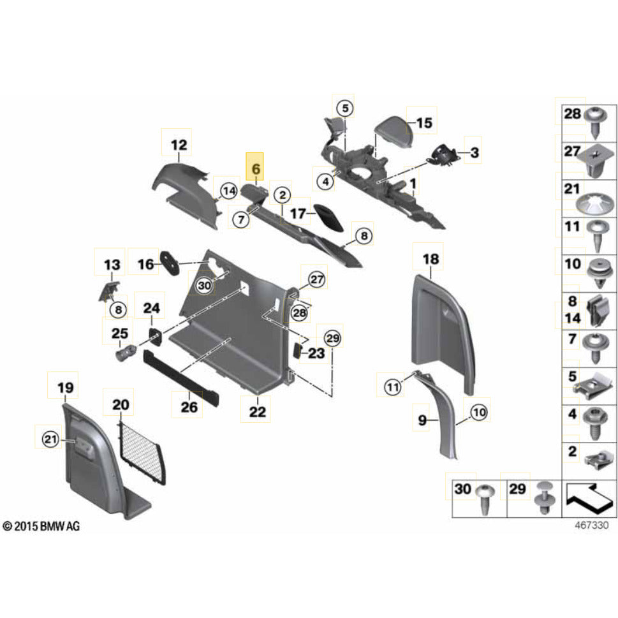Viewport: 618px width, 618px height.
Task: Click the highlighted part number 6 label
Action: (256, 169)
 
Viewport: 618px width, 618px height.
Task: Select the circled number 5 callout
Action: (344, 108)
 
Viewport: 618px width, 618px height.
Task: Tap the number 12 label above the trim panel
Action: (180, 145)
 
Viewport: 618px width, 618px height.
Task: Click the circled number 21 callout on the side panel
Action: (50, 438)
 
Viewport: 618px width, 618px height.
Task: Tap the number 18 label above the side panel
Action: (431, 259)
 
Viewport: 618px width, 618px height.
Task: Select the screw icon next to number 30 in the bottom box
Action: (486, 498)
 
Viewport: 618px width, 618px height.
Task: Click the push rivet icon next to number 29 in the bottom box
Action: (543, 497)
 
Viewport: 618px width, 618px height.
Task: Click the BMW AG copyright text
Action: (42, 526)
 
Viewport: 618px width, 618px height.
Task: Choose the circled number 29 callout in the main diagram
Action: (333, 337)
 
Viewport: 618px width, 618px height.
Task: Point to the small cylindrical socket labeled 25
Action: (124, 351)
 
